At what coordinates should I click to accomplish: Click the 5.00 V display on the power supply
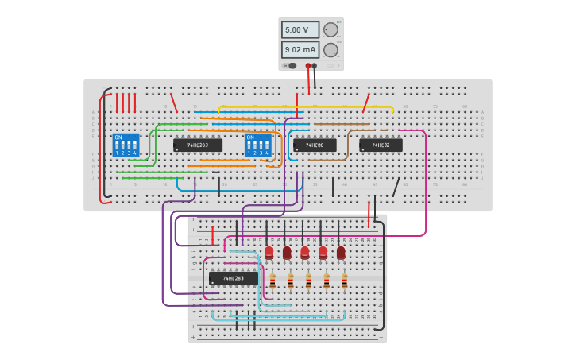click(x=300, y=29)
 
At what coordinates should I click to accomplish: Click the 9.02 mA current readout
click(x=300, y=49)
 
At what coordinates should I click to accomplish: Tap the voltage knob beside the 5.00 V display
click(x=331, y=29)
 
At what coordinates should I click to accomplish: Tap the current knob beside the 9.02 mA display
click(x=331, y=49)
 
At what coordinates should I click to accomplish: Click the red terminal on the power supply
click(x=308, y=66)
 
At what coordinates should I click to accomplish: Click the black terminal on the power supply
click(x=315, y=66)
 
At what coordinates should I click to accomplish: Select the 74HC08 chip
click(x=315, y=145)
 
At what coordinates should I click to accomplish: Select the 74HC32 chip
click(x=381, y=145)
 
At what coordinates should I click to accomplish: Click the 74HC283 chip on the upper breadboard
click(x=198, y=145)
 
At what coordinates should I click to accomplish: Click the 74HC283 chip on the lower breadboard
click(x=234, y=278)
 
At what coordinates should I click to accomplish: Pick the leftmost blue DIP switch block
click(x=126, y=145)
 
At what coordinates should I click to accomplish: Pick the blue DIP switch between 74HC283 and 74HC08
click(x=257, y=145)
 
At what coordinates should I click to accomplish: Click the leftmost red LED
click(x=269, y=252)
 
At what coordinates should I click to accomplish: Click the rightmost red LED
click(x=341, y=252)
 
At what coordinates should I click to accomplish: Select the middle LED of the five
click(x=305, y=252)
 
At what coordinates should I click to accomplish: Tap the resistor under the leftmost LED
click(x=273, y=281)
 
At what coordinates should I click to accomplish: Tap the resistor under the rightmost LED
click(x=345, y=281)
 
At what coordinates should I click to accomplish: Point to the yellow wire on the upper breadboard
click(x=334, y=107)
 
